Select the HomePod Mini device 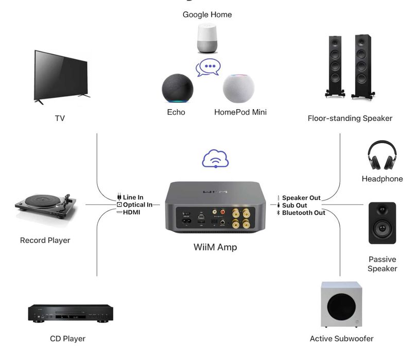click(238, 89)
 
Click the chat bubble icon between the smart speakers click(208, 67)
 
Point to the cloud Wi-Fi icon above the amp click(215, 159)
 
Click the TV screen click(61, 75)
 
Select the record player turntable click(45, 209)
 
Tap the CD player click(70, 313)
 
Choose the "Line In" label click(133, 197)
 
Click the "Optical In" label click(137, 204)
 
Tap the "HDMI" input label click(131, 212)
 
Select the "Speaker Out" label click(301, 198)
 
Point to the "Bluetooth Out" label click(303, 212)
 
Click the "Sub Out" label click(294, 205)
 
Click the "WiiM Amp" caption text click(215, 247)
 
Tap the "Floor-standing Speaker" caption click(349, 118)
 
